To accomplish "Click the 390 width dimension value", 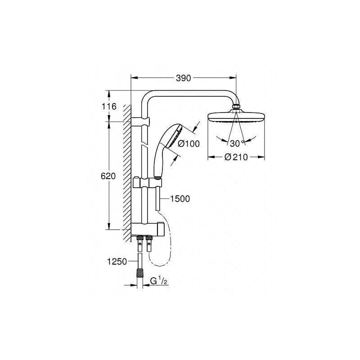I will tap(183, 78).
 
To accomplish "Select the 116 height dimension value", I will tap(109, 107).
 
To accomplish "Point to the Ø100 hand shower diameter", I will tap(189, 144).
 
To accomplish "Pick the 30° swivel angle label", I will tap(236, 144).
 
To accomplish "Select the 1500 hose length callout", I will tap(180, 198).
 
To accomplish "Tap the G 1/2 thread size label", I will tap(159, 282).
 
